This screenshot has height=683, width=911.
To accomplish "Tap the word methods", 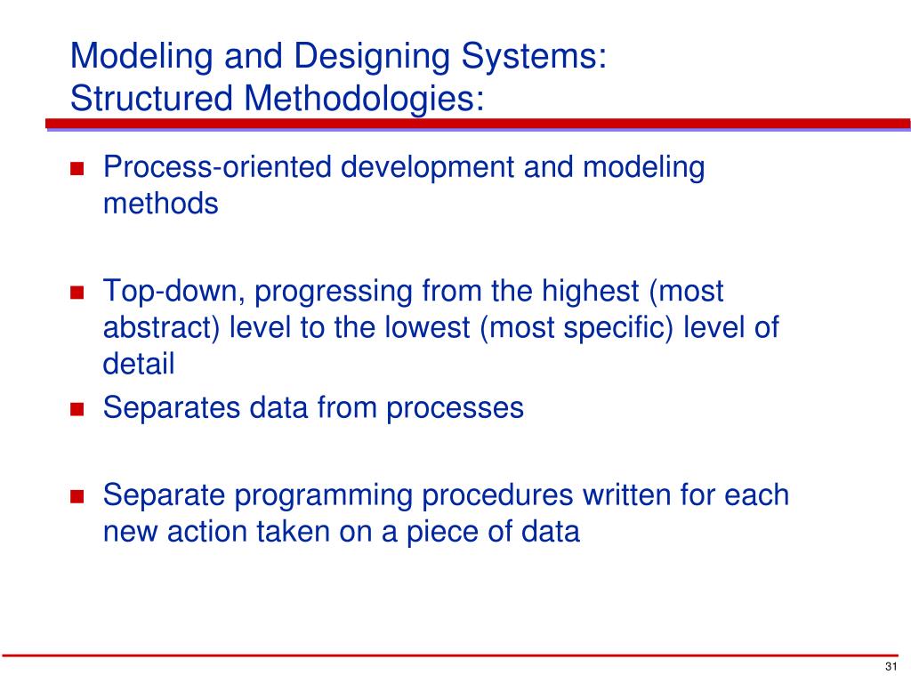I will [x=160, y=204].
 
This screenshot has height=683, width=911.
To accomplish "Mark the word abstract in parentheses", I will [x=161, y=327].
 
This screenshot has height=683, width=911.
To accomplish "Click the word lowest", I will [x=424, y=327].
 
